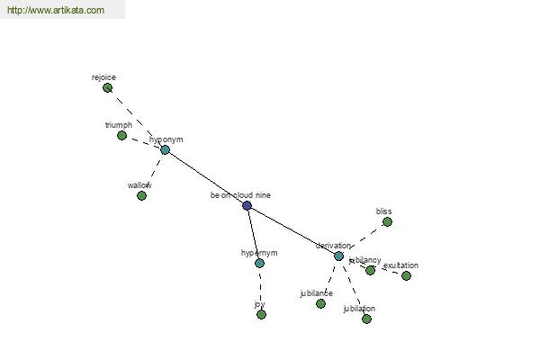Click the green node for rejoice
point(107,88)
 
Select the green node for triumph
point(121,135)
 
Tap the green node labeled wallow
point(141,195)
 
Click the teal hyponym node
point(165,149)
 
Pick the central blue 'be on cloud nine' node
point(247,205)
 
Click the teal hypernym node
point(259,263)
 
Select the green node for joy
point(261,314)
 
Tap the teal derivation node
point(338,256)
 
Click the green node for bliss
point(387,221)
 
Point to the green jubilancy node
point(370,270)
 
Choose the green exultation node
point(406,275)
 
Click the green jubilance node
point(320,303)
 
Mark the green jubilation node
point(366,319)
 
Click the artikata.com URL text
point(56,11)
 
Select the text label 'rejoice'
point(103,77)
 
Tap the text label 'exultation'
point(400,265)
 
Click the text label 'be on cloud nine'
point(240,194)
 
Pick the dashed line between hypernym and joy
point(260,288)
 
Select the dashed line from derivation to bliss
point(363,238)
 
